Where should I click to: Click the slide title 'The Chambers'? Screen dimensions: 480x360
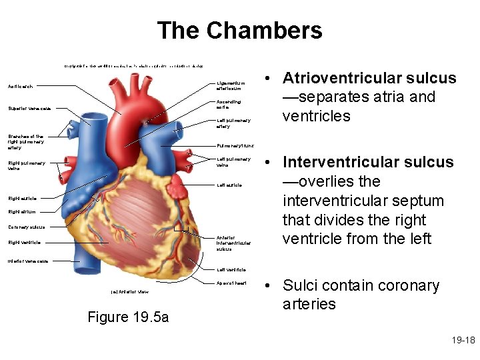tap(239, 31)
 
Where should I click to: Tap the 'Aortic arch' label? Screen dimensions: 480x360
tap(20, 87)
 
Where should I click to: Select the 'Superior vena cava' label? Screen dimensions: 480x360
tap(29, 109)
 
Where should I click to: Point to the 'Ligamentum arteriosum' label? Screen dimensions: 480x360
tap(232, 85)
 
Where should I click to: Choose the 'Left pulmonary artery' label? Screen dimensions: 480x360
tap(233, 123)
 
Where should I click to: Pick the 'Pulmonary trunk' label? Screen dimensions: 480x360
tap(235, 146)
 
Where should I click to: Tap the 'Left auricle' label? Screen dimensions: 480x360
tap(229, 185)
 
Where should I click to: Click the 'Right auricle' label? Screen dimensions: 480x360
tap(22, 198)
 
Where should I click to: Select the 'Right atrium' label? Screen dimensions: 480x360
tap(21, 212)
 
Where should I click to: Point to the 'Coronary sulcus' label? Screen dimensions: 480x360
tap(27, 227)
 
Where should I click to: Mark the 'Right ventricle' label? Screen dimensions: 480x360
tap(24, 243)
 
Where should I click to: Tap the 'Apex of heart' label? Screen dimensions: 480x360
tap(232, 283)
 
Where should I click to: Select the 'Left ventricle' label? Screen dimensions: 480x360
tap(231, 270)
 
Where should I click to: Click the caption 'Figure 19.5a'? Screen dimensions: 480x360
tap(128, 317)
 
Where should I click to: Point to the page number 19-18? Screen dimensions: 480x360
tap(462, 341)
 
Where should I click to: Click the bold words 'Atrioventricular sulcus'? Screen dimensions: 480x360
tap(369, 78)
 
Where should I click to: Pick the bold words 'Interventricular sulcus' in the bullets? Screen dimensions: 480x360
tap(368, 162)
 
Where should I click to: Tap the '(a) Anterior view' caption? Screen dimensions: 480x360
tap(129, 292)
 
